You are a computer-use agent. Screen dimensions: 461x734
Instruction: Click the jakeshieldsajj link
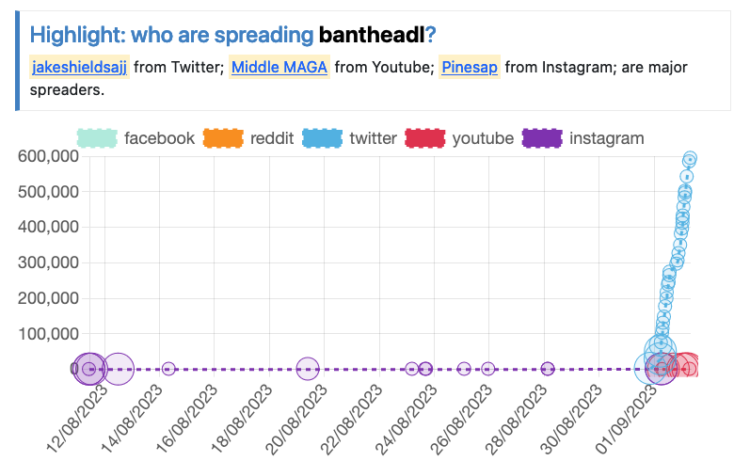click(x=79, y=67)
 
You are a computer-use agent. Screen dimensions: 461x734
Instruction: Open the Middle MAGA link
click(x=279, y=67)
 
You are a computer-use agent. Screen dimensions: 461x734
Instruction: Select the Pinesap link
click(x=469, y=67)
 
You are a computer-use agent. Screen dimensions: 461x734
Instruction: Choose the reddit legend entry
click(x=248, y=138)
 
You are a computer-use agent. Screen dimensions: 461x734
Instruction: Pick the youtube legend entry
click(x=459, y=138)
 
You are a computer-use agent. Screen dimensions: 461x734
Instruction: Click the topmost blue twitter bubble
click(x=690, y=159)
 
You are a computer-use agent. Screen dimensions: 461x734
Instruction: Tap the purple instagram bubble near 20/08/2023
click(x=307, y=369)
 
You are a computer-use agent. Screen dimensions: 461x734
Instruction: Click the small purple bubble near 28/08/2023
click(x=548, y=369)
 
